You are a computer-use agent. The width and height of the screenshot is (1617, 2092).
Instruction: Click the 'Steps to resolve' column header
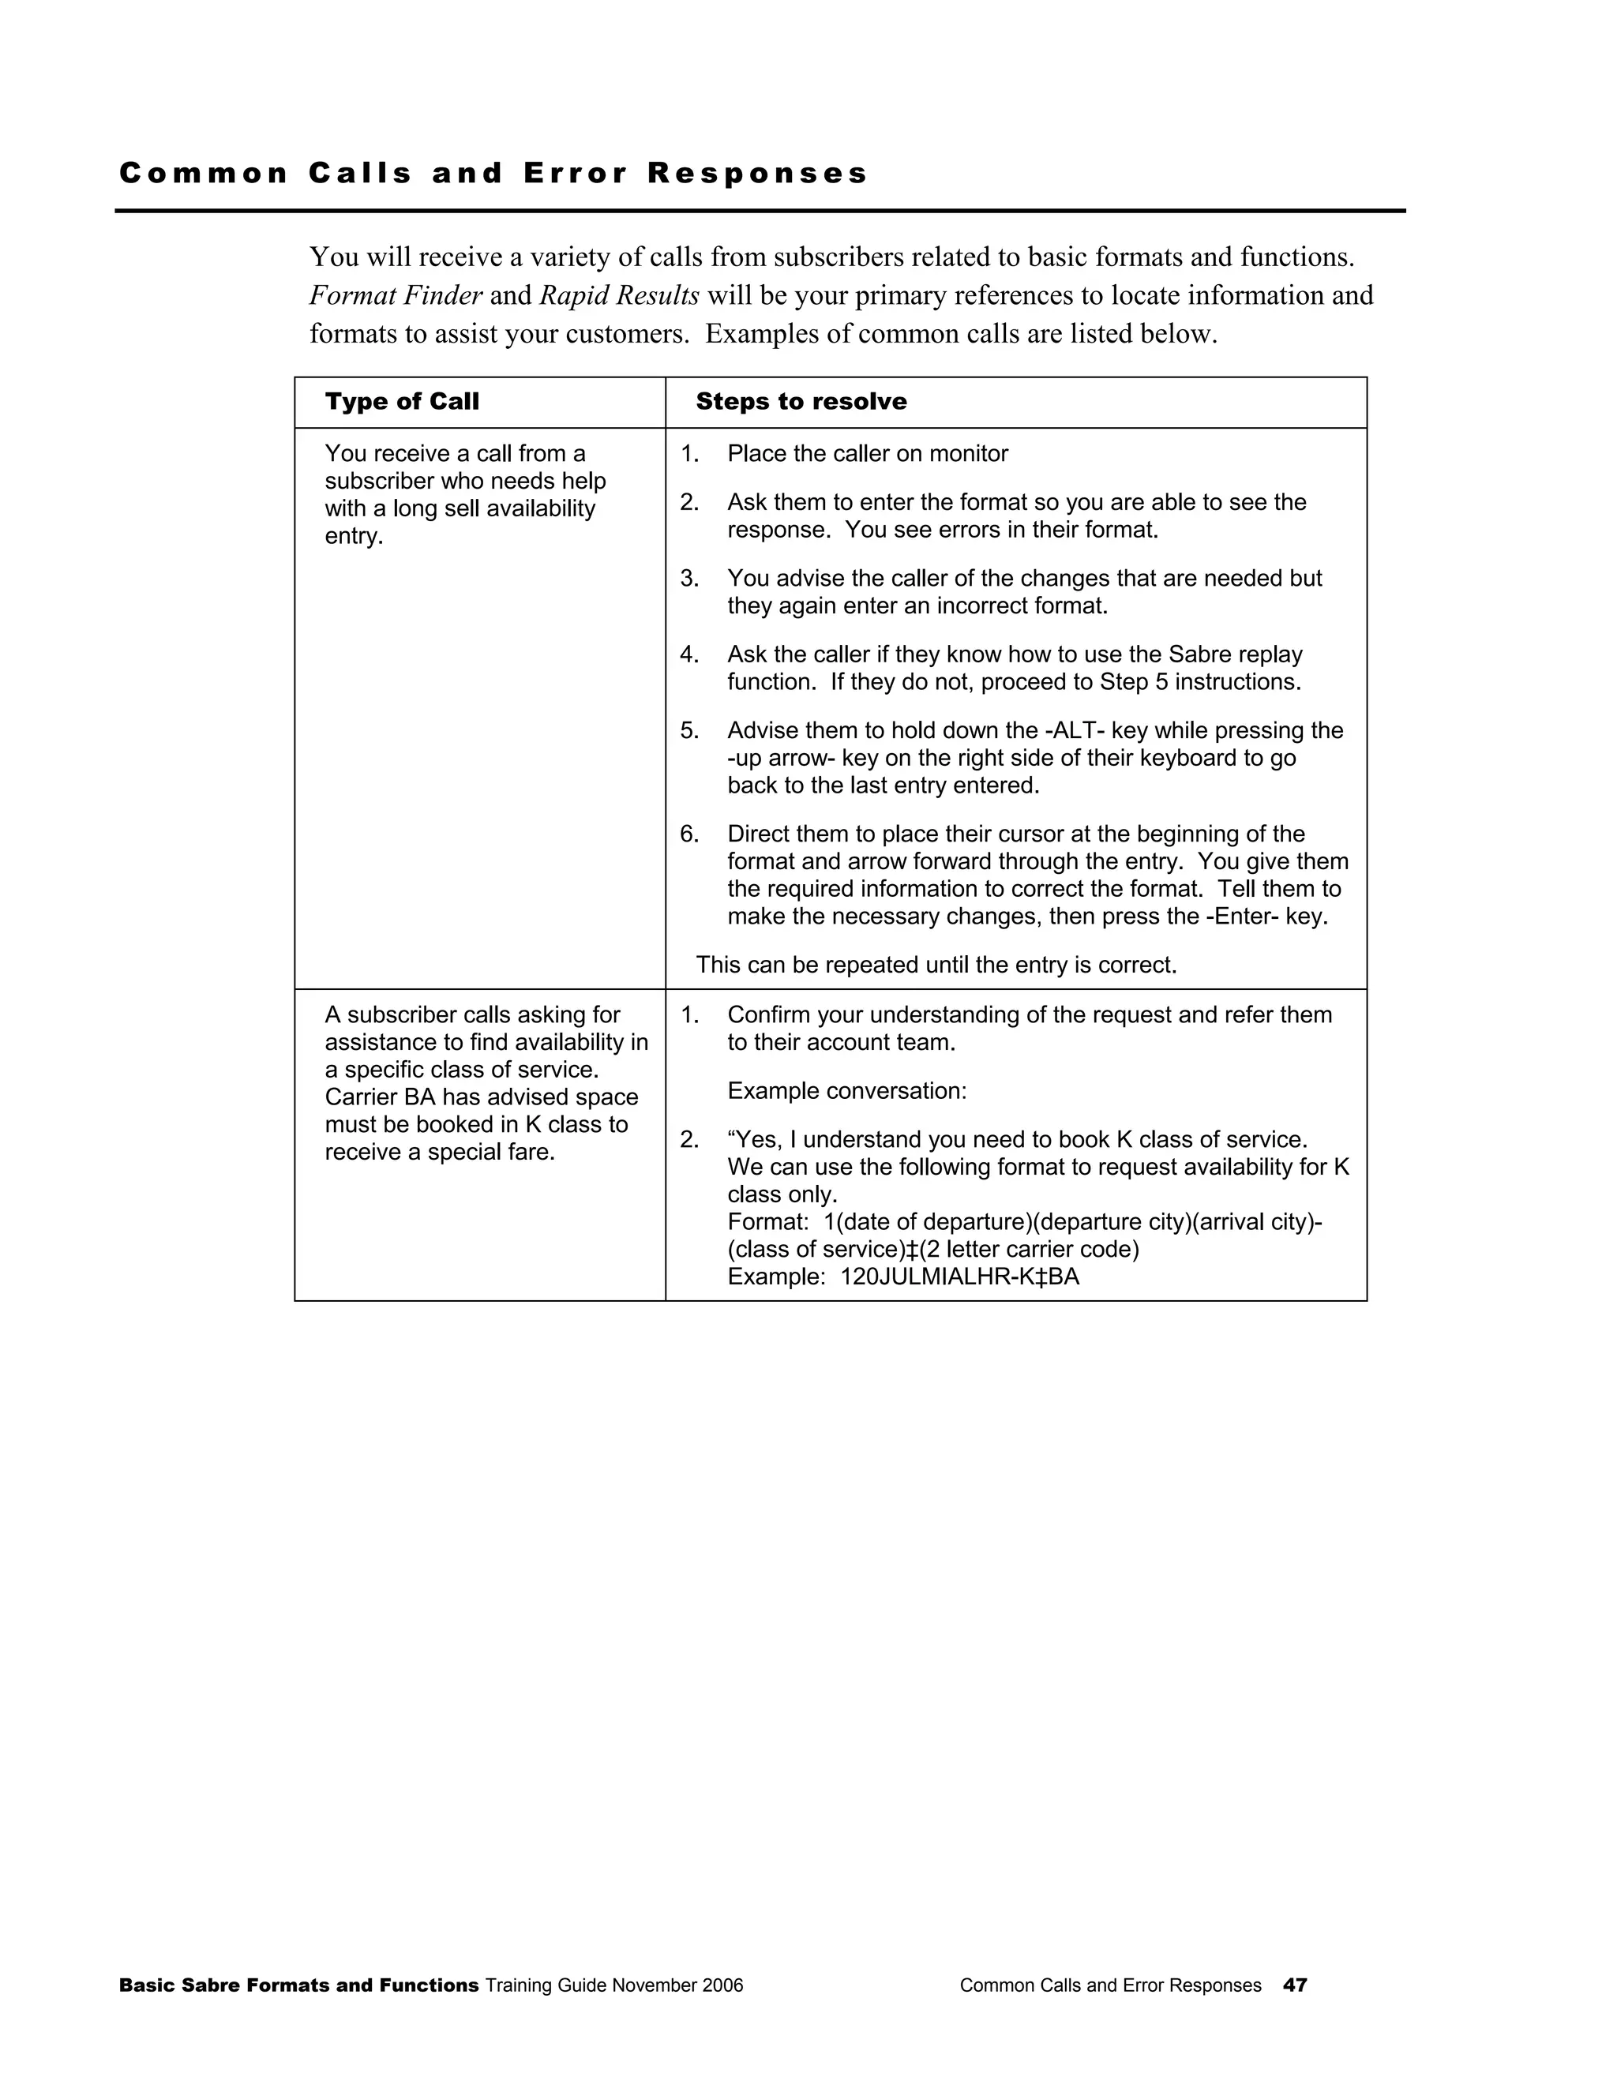coord(801,401)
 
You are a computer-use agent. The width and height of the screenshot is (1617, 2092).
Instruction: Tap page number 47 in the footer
coord(1295,1985)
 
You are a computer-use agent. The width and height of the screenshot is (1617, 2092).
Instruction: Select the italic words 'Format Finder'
coord(396,295)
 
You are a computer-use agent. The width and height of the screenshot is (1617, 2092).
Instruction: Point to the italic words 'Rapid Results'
coord(619,295)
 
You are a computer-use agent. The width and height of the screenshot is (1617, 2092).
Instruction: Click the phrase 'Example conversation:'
coord(847,1091)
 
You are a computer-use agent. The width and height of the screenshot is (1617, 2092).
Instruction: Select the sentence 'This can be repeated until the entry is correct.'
coord(936,965)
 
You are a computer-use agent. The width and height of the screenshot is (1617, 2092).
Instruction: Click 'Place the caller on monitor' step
coord(867,454)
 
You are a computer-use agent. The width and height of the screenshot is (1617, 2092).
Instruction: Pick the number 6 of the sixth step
coord(688,834)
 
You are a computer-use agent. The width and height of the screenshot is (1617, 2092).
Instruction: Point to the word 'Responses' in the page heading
coord(758,174)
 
